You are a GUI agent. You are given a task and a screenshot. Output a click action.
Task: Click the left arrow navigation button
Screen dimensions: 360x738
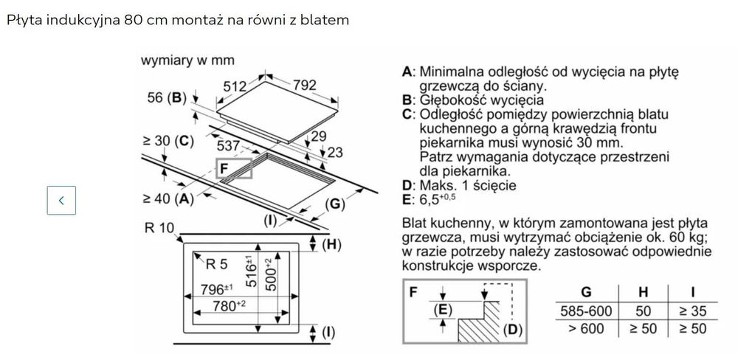pyautogui.click(x=61, y=200)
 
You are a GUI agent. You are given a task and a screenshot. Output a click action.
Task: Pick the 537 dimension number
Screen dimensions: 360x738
pyautogui.click(x=228, y=146)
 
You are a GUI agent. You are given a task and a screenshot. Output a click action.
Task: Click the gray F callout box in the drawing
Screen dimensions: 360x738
pyautogui.click(x=234, y=169)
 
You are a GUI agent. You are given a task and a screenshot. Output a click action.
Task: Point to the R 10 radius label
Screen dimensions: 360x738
pyautogui.click(x=159, y=229)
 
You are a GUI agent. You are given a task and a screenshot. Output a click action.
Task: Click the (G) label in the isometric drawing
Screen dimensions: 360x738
pyautogui.click(x=335, y=203)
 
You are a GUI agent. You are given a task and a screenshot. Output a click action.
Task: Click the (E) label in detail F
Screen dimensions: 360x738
pyautogui.click(x=443, y=311)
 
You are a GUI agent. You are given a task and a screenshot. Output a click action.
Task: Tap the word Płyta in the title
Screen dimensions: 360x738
pyautogui.click(x=24, y=21)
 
